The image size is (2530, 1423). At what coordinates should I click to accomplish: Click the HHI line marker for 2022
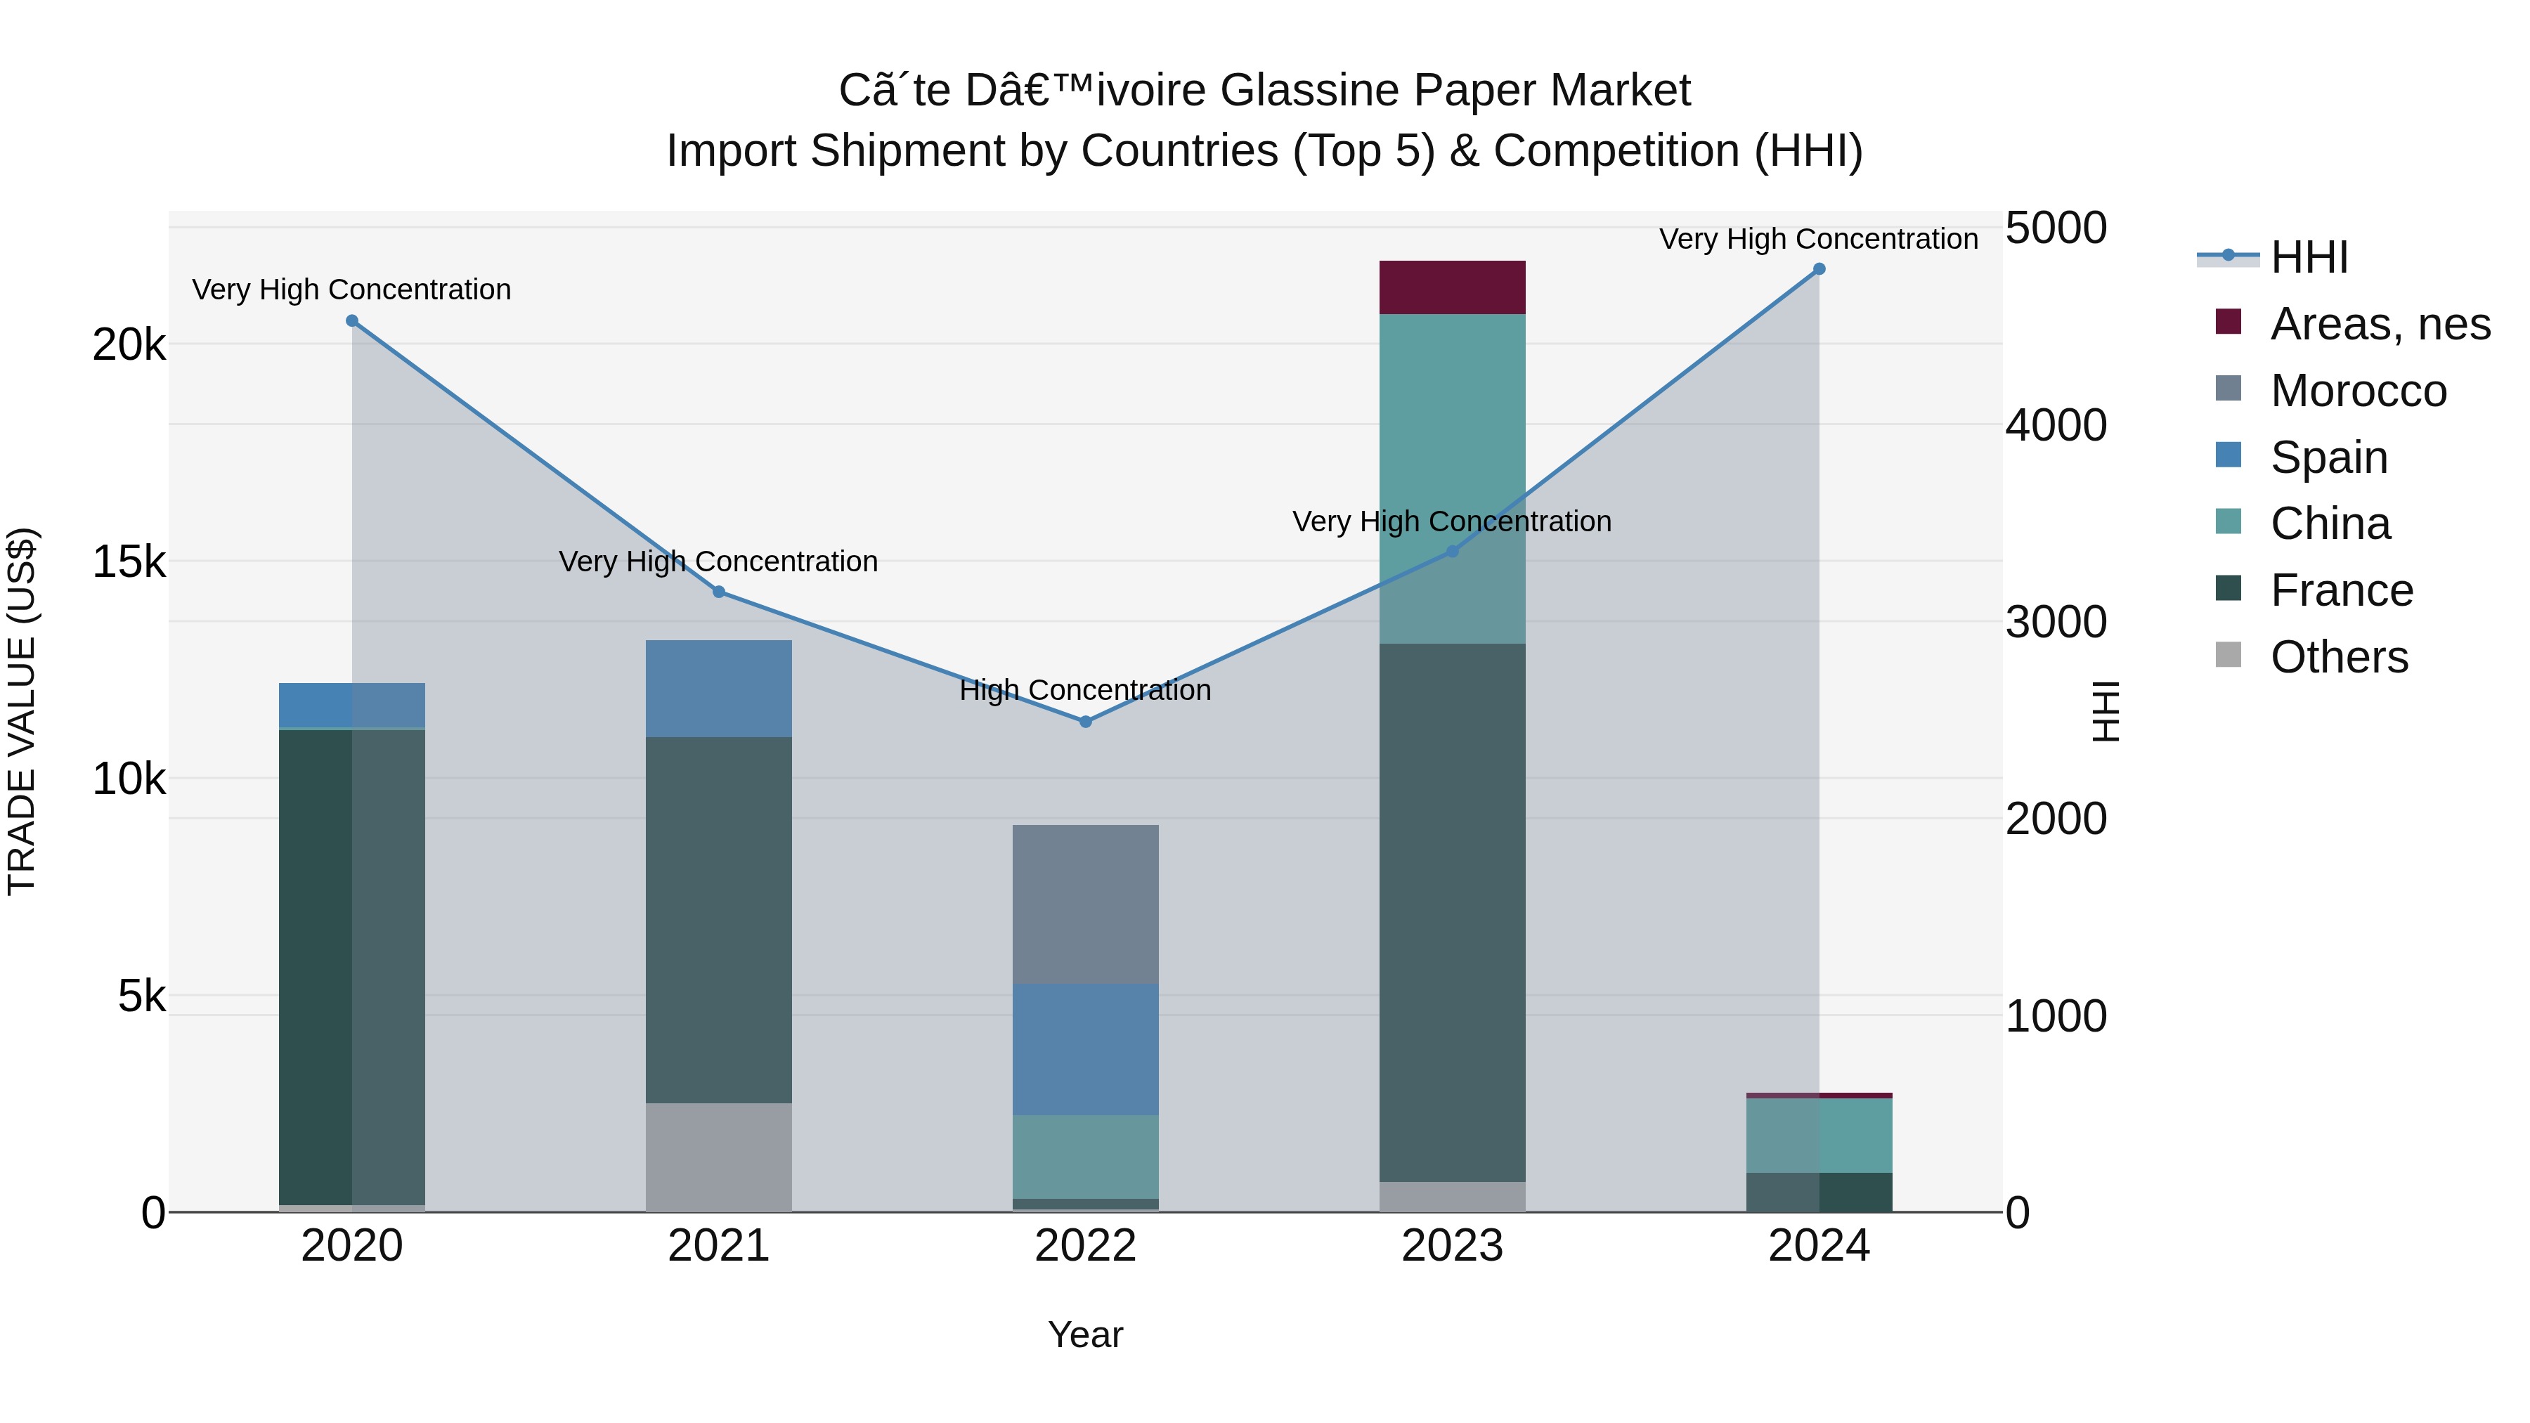(1085, 722)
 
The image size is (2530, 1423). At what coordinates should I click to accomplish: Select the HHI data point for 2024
(1819, 269)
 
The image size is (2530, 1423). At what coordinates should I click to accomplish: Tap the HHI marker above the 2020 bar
(351, 321)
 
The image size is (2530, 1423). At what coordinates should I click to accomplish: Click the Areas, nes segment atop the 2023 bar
(1452, 287)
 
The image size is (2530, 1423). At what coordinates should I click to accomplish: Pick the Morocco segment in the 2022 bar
(1085, 904)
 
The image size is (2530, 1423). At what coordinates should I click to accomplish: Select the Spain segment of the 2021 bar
(718, 689)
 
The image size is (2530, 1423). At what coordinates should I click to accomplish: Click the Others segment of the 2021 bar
(718, 1157)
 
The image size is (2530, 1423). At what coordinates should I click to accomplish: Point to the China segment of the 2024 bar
(1819, 1136)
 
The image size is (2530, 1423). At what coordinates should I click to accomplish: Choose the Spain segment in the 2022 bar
(1085, 1049)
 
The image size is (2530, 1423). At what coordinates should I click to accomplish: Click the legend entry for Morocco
(2357, 391)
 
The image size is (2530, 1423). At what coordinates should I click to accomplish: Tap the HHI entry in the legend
(2308, 257)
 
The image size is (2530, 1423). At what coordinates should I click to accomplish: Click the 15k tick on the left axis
(129, 561)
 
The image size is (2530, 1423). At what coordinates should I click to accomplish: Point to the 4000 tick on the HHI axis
(2055, 425)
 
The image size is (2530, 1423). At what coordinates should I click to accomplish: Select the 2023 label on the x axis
(1452, 1246)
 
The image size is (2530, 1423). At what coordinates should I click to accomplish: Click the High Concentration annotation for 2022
(1085, 690)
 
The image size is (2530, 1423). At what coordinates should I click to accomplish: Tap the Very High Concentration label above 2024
(1818, 239)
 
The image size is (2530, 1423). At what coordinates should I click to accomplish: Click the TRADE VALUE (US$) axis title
(22, 711)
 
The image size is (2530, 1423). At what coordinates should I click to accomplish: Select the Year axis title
(1085, 1334)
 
